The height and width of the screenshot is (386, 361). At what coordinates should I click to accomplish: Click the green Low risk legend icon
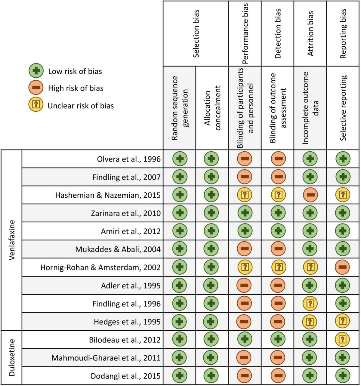(36, 71)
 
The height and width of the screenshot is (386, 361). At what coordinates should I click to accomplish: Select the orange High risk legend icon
(36, 88)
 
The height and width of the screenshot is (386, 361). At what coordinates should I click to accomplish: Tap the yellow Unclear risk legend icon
(36, 105)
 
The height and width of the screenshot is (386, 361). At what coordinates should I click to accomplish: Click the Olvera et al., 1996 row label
(129, 159)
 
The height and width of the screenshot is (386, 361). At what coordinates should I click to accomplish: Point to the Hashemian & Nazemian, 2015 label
(108, 195)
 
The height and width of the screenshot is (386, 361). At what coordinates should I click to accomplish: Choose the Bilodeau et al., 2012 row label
(125, 340)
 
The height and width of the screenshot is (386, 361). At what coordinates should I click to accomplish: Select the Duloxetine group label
(12, 357)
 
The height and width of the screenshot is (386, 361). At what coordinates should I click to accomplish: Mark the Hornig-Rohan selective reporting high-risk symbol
(343, 267)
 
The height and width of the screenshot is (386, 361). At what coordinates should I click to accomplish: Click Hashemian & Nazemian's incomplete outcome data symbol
(310, 195)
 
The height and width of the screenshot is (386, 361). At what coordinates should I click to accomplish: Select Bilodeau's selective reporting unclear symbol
(343, 340)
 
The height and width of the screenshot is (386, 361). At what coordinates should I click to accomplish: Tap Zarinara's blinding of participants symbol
(245, 213)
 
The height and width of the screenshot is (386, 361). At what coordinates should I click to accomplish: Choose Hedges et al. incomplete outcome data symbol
(310, 322)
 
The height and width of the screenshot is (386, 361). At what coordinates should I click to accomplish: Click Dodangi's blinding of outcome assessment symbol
(278, 376)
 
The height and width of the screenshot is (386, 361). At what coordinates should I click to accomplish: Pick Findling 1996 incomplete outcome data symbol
(310, 304)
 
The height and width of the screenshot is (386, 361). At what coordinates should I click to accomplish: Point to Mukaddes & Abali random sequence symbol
(180, 249)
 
